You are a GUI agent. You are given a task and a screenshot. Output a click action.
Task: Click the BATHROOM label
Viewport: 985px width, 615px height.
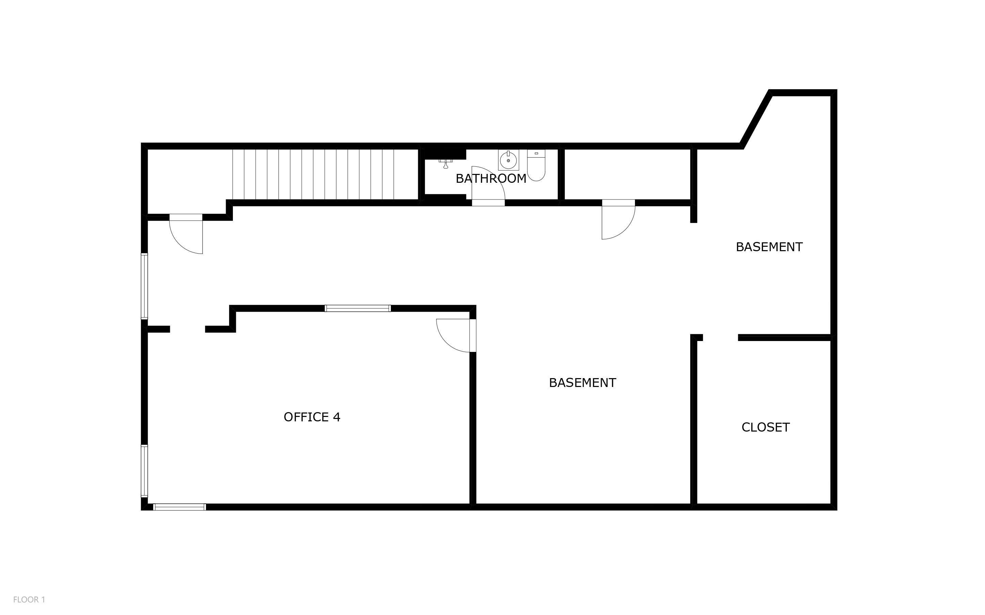tap(491, 179)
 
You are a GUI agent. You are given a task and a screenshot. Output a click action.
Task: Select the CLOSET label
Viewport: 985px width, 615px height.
tap(765, 427)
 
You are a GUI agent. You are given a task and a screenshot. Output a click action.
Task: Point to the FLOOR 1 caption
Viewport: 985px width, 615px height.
tap(29, 600)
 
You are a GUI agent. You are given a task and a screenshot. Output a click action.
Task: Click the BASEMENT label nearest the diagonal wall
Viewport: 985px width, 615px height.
tap(769, 247)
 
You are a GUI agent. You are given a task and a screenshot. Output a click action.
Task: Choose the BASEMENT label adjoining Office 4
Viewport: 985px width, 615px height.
tap(582, 383)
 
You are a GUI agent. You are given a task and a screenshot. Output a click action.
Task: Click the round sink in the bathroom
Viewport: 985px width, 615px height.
tap(508, 160)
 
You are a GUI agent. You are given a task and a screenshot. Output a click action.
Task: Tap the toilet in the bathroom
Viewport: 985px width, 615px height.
tap(536, 165)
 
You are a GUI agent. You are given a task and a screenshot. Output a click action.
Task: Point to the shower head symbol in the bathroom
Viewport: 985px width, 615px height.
tap(445, 163)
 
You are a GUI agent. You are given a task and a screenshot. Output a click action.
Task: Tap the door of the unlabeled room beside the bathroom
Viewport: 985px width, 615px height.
tap(618, 219)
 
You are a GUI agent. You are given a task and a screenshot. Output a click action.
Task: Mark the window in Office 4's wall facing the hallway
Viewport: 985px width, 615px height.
tap(358, 308)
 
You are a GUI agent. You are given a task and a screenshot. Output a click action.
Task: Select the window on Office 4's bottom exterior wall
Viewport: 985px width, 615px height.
tap(179, 507)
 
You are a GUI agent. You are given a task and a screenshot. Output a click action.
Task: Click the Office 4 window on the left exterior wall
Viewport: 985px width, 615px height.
tap(144, 471)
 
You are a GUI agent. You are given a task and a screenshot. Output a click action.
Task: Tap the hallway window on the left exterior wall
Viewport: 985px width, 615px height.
tap(144, 286)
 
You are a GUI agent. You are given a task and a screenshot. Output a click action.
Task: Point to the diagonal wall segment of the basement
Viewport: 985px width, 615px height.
tap(756, 119)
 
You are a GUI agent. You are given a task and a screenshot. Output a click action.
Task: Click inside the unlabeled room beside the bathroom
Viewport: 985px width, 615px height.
tap(627, 175)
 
